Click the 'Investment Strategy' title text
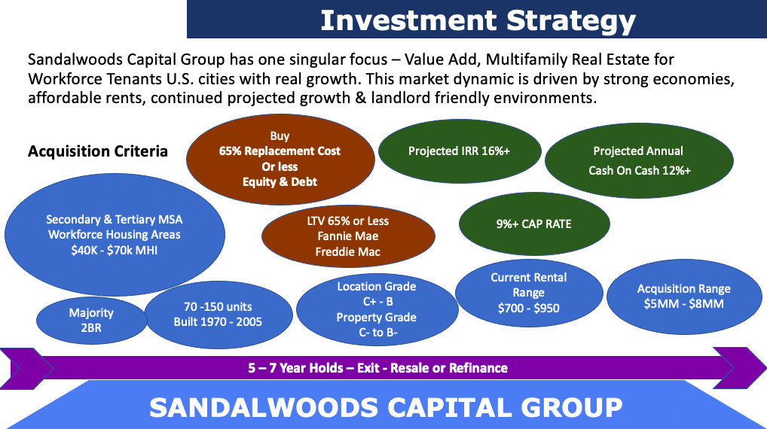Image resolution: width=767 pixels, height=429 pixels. [478, 21]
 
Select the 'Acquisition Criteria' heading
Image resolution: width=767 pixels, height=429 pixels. [98, 151]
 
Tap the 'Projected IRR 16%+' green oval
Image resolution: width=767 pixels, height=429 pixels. [460, 151]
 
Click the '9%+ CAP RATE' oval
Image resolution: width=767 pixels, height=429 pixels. [534, 224]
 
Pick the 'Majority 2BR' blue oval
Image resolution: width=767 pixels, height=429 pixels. [91, 321]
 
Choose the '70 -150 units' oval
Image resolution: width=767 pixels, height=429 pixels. [218, 315]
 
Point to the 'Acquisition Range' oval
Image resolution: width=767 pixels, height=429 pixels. [684, 297]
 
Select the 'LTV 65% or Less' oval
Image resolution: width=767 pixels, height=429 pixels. [348, 236]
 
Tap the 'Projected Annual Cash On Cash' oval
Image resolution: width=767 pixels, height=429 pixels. [639, 161]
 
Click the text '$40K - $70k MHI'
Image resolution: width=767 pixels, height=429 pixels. [115, 251]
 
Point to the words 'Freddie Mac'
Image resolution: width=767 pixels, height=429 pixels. [348, 251]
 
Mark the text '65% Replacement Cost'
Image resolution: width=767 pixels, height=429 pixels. [280, 151]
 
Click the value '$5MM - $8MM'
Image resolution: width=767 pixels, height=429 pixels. [684, 304]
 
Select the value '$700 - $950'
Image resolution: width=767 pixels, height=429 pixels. [529, 309]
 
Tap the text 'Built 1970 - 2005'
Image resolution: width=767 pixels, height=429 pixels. [218, 322]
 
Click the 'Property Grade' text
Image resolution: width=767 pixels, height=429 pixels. [377, 318]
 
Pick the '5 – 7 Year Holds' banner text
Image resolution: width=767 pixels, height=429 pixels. [295, 368]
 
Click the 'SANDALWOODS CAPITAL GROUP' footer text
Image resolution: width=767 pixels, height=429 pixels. [386, 407]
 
